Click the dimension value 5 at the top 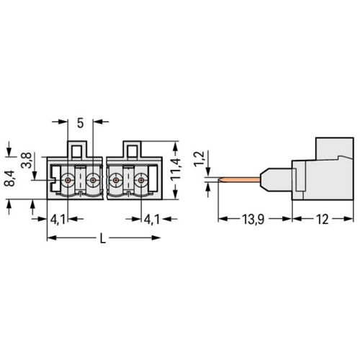pyautogui.click(x=81, y=123)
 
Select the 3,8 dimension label pyautogui.click(x=27, y=160)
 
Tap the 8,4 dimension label pyautogui.click(x=10, y=179)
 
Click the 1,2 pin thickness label pyautogui.click(x=199, y=159)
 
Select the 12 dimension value pyautogui.click(x=323, y=220)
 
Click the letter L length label pyautogui.click(x=103, y=239)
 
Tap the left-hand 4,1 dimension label pyautogui.click(x=58, y=220)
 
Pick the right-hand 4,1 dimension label pyautogui.click(x=151, y=220)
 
